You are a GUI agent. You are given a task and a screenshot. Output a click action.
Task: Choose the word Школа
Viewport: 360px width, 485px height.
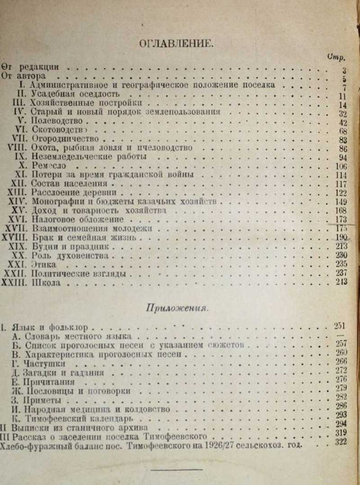click(45, 283)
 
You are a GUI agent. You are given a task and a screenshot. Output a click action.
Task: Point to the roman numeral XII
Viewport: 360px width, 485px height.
click(21, 184)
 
